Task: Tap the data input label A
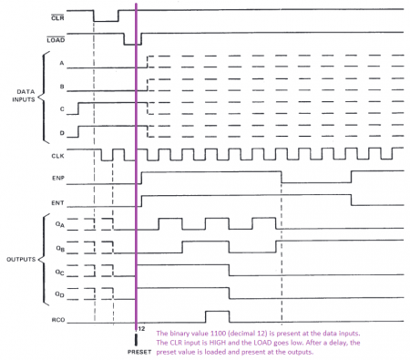coord(61,64)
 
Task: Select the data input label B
coord(61,86)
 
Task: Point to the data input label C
coord(61,108)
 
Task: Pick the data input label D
coord(61,130)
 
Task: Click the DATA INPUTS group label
coord(18,97)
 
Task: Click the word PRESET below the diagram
coord(138,350)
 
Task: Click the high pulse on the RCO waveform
coord(216,314)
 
